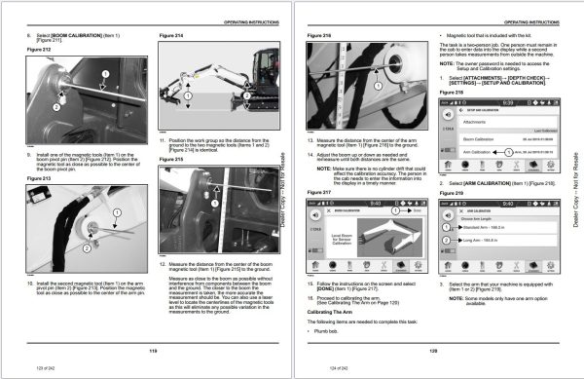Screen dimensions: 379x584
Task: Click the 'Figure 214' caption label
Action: click(170, 35)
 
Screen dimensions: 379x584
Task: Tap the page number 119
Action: click(152, 353)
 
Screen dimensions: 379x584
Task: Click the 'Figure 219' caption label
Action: click(450, 195)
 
